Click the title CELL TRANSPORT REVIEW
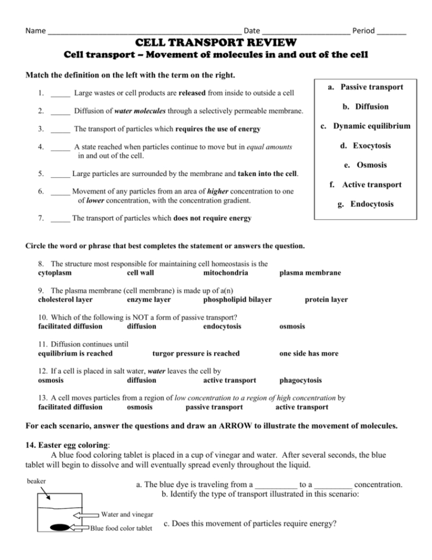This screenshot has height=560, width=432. pos(216,43)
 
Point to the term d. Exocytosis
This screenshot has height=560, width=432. pos(370,145)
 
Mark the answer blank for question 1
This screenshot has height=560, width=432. pos(61,93)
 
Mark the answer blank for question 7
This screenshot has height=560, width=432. pos(61,219)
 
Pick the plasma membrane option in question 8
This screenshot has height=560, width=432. pos(310,272)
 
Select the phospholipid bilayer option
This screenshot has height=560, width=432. pos(238,300)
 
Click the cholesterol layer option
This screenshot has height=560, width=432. pos(69,300)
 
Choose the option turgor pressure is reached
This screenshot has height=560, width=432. pos(196,353)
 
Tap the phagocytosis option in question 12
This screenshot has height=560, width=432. pos(300,380)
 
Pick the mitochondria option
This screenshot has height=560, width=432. pos(226,272)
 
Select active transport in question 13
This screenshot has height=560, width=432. pos(302,407)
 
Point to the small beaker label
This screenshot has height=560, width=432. pos(36,480)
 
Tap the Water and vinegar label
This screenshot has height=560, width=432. pos(127,514)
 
